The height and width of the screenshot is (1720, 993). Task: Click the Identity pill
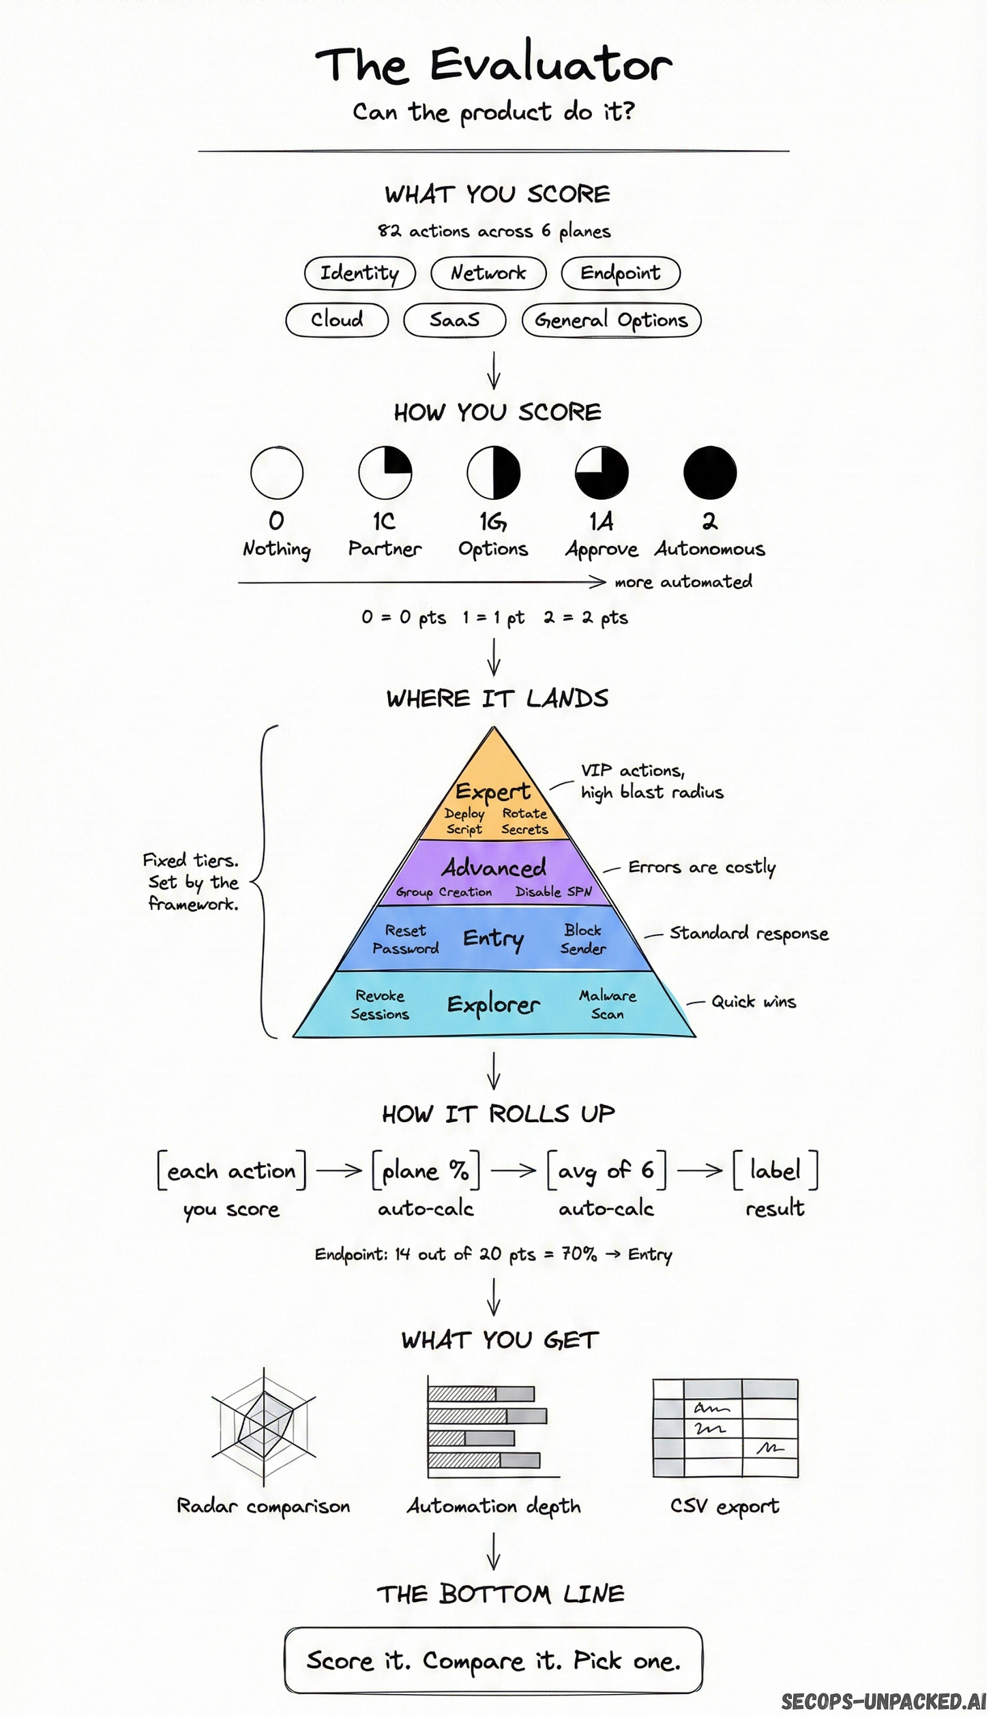click(359, 273)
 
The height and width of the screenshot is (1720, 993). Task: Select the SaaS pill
click(455, 320)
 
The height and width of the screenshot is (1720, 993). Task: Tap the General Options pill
click(611, 320)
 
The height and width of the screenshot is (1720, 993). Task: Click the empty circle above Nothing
click(276, 472)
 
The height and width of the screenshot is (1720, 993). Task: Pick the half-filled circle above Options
click(493, 472)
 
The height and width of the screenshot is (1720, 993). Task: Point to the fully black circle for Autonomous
click(710, 472)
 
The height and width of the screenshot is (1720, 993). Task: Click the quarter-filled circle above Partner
click(385, 472)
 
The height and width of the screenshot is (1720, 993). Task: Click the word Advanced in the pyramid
click(494, 867)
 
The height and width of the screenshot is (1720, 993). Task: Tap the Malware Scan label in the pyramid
click(608, 1004)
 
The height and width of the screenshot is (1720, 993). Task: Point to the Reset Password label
click(406, 939)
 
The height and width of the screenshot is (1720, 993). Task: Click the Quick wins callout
click(754, 1001)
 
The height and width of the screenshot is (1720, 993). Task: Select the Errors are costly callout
click(702, 867)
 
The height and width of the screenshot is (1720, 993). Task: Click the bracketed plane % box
click(426, 1170)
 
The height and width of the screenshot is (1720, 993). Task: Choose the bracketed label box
click(775, 1170)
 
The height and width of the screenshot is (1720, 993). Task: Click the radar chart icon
click(264, 1425)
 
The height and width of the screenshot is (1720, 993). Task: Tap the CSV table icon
click(725, 1428)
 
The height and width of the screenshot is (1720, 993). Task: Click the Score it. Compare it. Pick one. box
click(493, 1660)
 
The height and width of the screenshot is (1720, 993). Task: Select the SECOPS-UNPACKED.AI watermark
click(884, 1702)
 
